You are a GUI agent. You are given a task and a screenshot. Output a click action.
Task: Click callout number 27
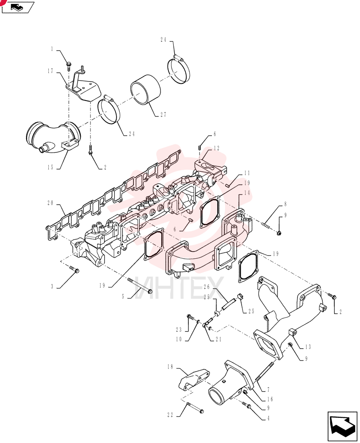coord(163,115)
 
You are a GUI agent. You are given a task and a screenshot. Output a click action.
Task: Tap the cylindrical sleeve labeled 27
coord(145,90)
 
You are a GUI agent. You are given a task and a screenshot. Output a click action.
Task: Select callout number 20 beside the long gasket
coord(51,203)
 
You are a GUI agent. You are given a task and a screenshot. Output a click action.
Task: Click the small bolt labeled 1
coord(69,66)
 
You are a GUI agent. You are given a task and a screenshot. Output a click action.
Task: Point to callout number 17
coord(51,71)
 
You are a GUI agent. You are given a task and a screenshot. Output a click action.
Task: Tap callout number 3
coord(52,287)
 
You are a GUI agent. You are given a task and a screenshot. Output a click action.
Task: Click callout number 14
coord(247,193)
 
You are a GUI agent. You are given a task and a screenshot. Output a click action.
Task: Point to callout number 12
coord(217,148)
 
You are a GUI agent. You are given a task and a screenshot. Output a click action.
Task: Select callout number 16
coord(270,399)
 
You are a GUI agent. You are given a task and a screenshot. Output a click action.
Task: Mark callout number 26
coord(207,287)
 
